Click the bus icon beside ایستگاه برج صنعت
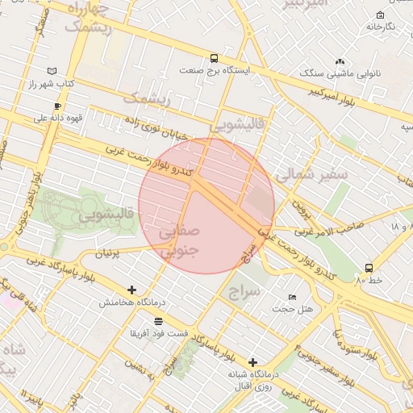(214, 58)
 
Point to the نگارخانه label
(380, 27)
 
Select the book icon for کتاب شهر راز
(53, 71)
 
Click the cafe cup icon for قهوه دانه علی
(57, 106)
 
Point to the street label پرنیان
(113, 253)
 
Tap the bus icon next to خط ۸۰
(369, 267)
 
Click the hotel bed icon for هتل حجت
(291, 298)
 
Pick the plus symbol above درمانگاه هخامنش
(132, 290)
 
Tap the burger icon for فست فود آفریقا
(158, 320)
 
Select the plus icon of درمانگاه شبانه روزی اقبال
(253, 362)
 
